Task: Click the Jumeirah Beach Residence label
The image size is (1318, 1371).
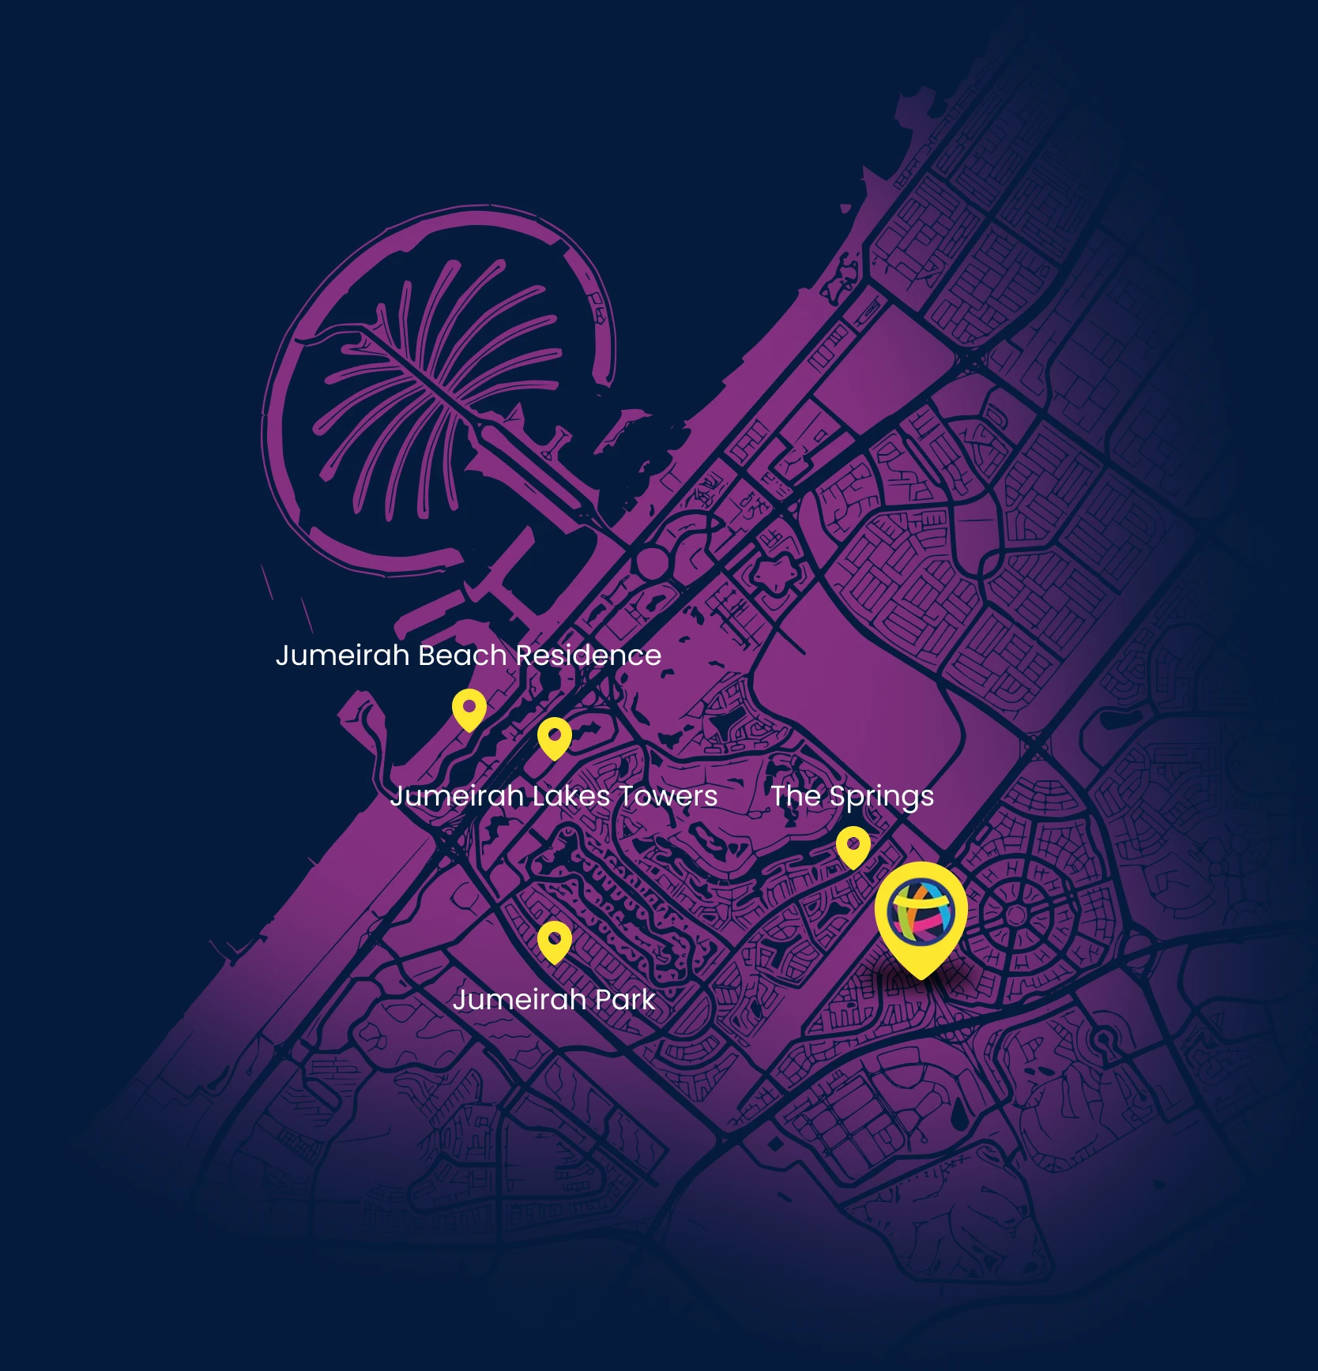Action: click(468, 655)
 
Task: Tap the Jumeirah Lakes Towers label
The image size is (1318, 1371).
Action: click(553, 796)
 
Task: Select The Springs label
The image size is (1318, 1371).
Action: click(852, 796)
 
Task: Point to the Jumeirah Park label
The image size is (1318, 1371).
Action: click(553, 1000)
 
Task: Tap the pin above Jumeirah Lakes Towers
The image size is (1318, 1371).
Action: click(554, 738)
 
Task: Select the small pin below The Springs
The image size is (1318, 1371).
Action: click(853, 847)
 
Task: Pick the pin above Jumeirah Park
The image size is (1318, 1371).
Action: click(554, 941)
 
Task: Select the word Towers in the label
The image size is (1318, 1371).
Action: click(668, 796)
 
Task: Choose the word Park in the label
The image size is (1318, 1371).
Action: click(624, 1000)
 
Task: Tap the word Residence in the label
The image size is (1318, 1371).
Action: click(588, 655)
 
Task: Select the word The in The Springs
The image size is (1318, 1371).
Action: click(796, 796)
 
